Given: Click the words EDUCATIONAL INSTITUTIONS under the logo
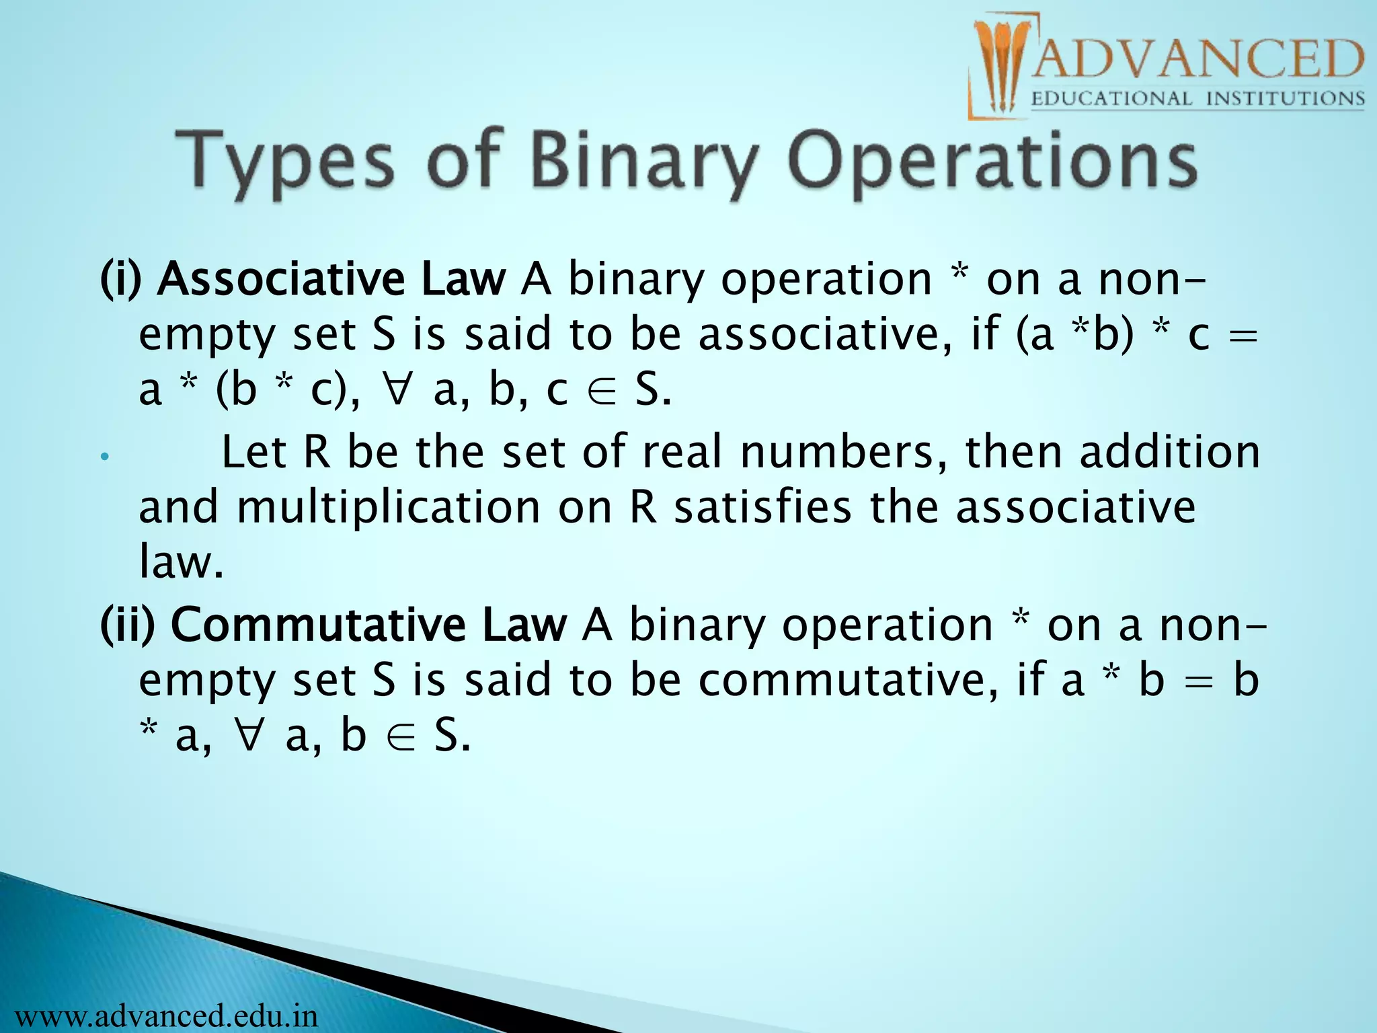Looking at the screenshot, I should (1197, 100).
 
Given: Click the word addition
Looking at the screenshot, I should (1170, 452).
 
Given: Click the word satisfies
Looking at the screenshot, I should (763, 507).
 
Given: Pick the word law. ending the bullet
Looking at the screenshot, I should (180, 562).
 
